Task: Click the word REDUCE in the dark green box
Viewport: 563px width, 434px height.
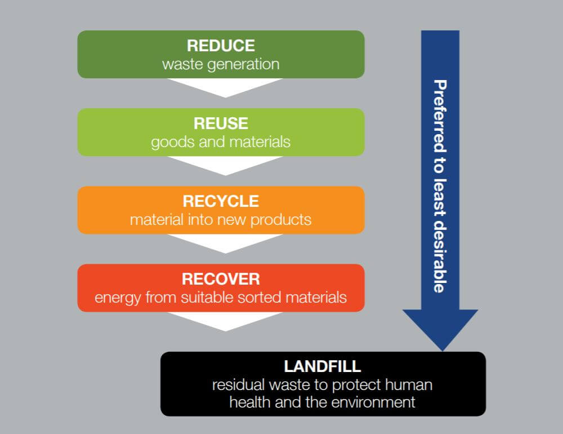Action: (221, 46)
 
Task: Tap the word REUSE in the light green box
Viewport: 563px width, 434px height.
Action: (221, 123)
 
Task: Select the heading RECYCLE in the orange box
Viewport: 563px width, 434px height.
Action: (221, 201)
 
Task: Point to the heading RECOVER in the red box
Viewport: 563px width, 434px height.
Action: (221, 279)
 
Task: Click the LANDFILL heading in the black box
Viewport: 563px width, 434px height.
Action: (322, 366)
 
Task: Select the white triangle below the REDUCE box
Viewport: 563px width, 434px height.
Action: (225, 86)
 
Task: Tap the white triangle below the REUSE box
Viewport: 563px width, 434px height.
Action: (225, 164)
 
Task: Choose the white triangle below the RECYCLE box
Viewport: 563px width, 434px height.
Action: (225, 242)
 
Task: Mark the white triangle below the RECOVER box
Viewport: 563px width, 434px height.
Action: (225, 320)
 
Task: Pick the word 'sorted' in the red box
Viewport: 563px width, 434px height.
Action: (279, 297)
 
